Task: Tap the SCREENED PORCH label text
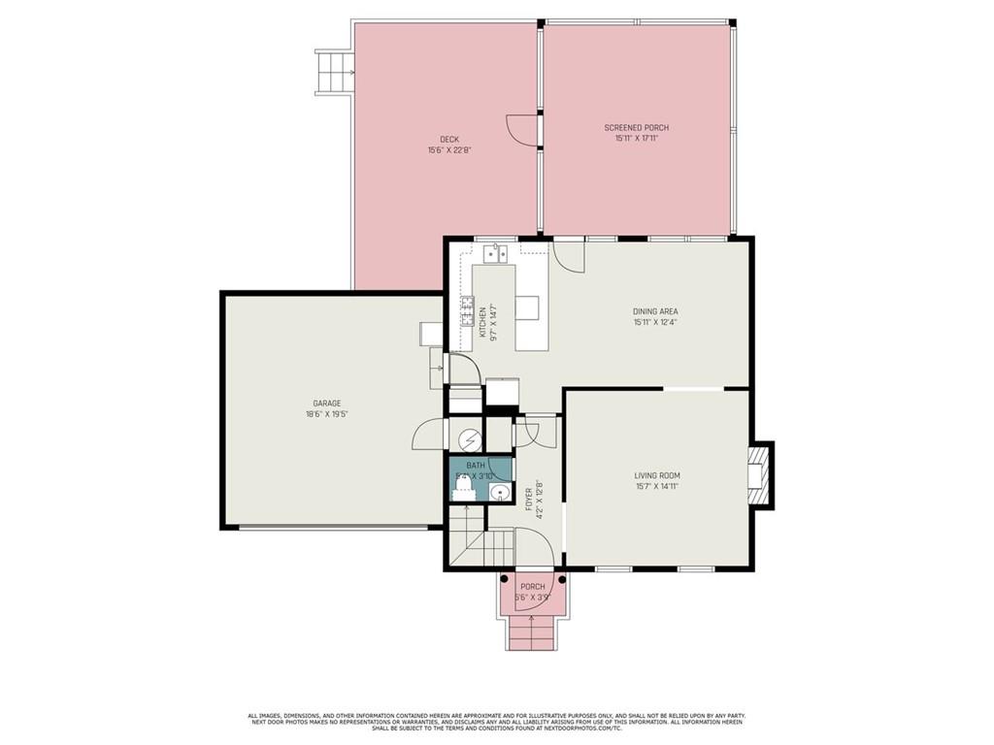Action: click(636, 128)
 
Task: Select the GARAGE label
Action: click(326, 404)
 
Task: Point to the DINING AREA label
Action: click(655, 311)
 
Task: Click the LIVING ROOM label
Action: click(657, 475)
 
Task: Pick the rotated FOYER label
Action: click(529, 499)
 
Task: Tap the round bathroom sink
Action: click(499, 492)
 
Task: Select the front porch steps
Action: click(531, 634)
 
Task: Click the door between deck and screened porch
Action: click(524, 129)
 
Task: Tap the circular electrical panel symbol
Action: click(470, 440)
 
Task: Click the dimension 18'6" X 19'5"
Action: click(326, 414)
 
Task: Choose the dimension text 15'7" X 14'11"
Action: click(657, 486)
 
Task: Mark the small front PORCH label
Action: click(532, 587)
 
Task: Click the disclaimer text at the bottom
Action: click(496, 723)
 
